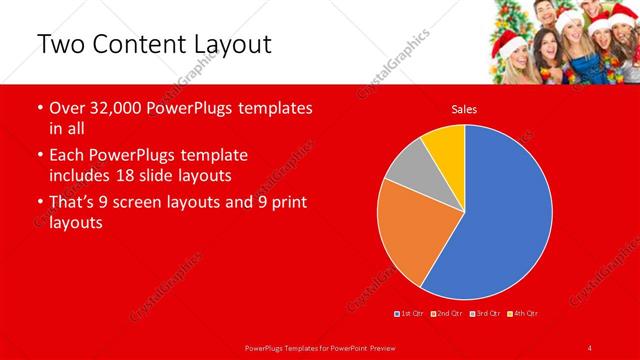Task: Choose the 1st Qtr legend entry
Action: (x=409, y=313)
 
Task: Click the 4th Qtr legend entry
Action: (x=523, y=313)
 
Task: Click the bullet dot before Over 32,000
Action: (x=38, y=108)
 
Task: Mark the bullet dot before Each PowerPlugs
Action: (x=38, y=155)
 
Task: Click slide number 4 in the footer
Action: (x=589, y=347)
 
